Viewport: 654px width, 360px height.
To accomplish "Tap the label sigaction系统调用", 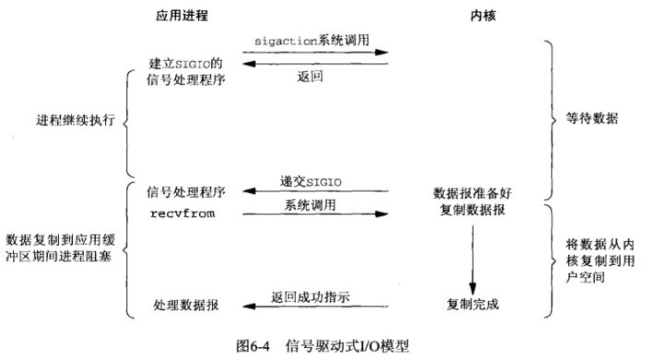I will pyautogui.click(x=315, y=41).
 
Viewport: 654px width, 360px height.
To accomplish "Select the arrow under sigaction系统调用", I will pyautogui.click(x=315, y=52).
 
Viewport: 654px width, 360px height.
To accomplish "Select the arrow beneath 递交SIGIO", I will pyautogui.click(x=315, y=192).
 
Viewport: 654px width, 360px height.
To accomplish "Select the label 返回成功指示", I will pyautogui.click(x=314, y=296).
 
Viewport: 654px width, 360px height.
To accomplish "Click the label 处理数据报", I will pyautogui.click(x=185, y=304).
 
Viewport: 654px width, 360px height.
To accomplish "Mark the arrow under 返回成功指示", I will pyautogui.click(x=315, y=308).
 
